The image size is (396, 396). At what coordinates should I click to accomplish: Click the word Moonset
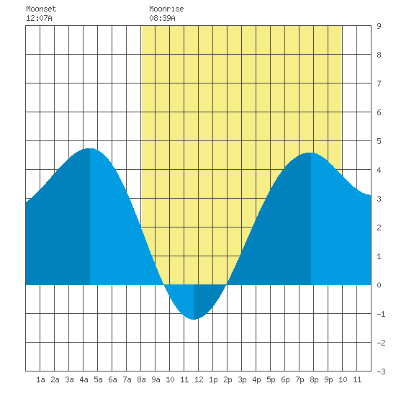click(41, 9)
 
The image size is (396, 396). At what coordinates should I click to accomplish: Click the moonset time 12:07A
click(39, 18)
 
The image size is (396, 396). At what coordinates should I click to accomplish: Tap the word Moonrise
click(166, 9)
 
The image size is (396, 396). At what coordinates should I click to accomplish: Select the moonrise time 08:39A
click(162, 18)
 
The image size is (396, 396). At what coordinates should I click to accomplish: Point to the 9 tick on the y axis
click(379, 26)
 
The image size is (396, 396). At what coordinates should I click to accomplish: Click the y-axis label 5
click(379, 141)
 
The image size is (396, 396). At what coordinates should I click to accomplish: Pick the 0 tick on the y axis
click(379, 285)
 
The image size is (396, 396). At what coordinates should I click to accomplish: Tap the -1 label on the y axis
click(381, 314)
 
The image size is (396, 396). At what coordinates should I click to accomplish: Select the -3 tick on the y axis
click(381, 372)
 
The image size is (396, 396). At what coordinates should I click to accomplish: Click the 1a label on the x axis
click(40, 379)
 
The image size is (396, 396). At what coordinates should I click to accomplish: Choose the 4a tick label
click(84, 379)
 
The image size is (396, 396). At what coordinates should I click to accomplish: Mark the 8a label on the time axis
click(141, 379)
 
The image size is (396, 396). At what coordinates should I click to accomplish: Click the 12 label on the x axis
click(199, 379)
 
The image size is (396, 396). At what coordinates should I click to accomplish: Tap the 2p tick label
click(228, 379)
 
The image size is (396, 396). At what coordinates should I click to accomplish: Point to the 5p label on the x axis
click(271, 379)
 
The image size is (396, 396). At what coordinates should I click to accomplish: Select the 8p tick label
click(314, 379)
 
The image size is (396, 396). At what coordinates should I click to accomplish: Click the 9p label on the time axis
click(328, 379)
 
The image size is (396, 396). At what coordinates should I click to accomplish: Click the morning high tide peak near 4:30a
click(90, 148)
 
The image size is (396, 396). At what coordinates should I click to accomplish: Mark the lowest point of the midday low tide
click(194, 319)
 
